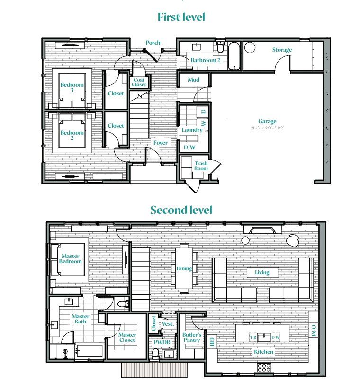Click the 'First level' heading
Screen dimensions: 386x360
[x=181, y=17]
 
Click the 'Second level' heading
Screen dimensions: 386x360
[x=181, y=210]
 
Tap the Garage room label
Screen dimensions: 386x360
[x=267, y=121]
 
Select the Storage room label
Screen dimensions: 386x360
[x=282, y=50]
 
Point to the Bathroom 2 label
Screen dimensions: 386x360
[x=206, y=60]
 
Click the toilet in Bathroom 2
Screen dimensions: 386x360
[x=220, y=48]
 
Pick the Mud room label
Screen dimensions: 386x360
[x=193, y=80]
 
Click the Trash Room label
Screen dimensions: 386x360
[x=201, y=166]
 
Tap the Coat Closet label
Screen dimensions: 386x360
[x=139, y=83]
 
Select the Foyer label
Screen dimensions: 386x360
[x=160, y=142]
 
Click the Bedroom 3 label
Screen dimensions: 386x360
[x=72, y=87]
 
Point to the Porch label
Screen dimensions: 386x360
[x=153, y=43]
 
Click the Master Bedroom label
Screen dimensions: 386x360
[x=71, y=259]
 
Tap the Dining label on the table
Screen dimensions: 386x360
[x=184, y=268]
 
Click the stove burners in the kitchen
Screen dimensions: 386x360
[x=264, y=367]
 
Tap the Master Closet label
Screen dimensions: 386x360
[x=127, y=337]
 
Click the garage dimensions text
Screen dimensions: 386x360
[x=267, y=128]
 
